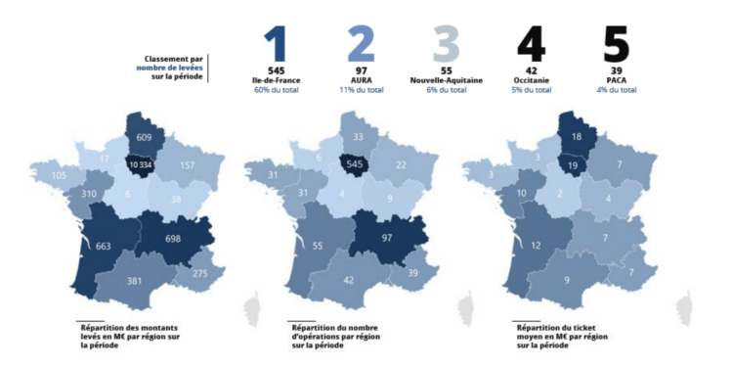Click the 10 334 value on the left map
(x=139, y=166)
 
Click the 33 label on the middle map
(x=360, y=138)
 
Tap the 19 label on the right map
(x=573, y=167)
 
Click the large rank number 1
(x=276, y=44)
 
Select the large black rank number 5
(x=615, y=44)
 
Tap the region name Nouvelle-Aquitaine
(x=445, y=79)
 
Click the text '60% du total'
(x=276, y=89)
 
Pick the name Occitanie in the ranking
(x=531, y=79)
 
